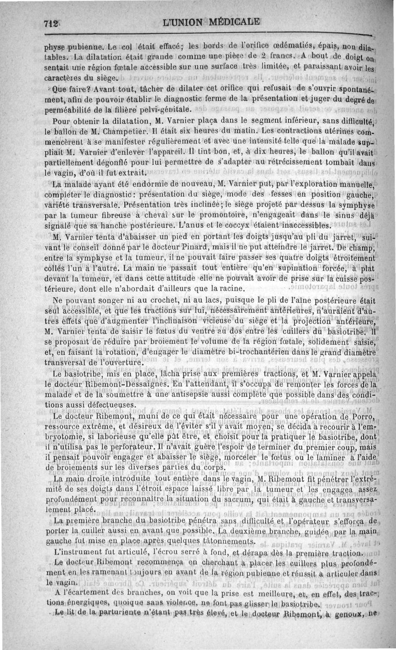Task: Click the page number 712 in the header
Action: click(51, 23)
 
